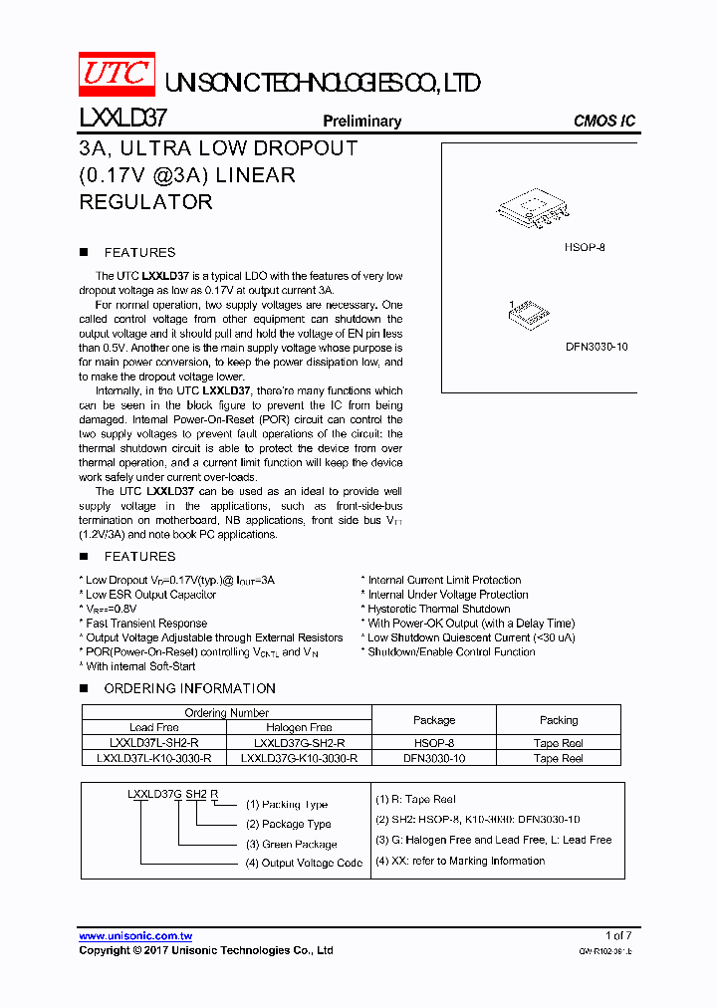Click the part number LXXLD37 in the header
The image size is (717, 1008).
pos(122,121)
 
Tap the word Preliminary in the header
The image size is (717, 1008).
pos(361,122)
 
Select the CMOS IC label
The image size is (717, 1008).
pos(603,122)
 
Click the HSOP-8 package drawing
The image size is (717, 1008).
pos(532,210)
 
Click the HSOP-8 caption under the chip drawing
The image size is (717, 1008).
pos(585,246)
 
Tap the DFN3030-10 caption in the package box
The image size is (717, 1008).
pos(597,348)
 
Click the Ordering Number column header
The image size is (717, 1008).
pos(227,712)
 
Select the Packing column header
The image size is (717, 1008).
pos(559,720)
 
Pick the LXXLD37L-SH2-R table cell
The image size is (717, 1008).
pos(154,743)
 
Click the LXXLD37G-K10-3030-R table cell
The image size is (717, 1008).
pos(299,758)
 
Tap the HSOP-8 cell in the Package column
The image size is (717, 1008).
pos(434,743)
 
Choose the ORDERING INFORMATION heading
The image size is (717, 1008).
pos(189,688)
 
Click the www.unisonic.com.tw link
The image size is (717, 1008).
pos(135,936)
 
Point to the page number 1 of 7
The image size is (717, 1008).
pos(618,936)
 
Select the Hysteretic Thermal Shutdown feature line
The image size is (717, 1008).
pos(438,609)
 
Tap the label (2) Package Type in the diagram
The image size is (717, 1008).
pos(289,824)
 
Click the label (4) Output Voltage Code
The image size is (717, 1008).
pos(304,863)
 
